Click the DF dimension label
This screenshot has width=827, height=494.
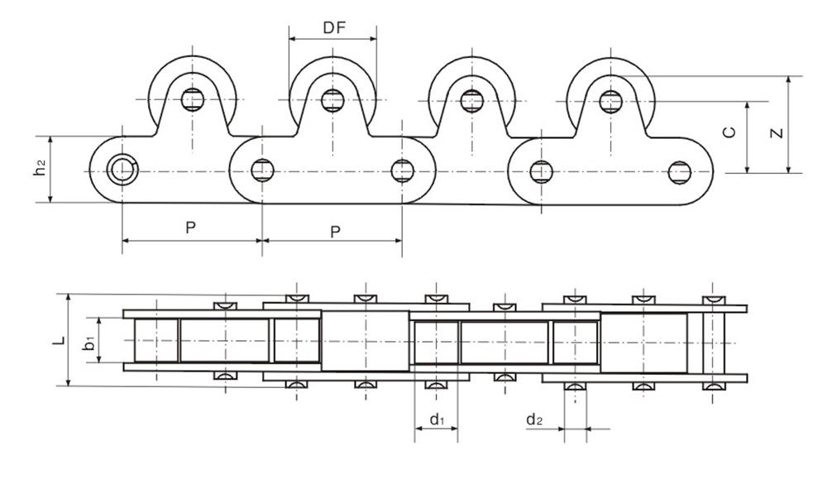pyautogui.click(x=334, y=28)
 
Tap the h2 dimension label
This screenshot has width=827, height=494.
pyautogui.click(x=38, y=169)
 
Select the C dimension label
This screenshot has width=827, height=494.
pyautogui.click(x=729, y=133)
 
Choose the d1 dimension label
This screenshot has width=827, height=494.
pyautogui.click(x=436, y=420)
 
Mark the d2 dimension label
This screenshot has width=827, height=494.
pyautogui.click(x=534, y=420)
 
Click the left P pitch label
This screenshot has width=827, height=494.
pyautogui.click(x=190, y=228)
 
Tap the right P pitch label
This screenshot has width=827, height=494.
pyautogui.click(x=334, y=232)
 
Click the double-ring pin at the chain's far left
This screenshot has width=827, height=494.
pyautogui.click(x=122, y=170)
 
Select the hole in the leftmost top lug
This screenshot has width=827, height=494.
pyautogui.click(x=193, y=100)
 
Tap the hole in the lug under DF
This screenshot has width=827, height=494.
pyautogui.click(x=332, y=100)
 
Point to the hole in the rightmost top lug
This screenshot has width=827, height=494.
pyautogui.click(x=610, y=101)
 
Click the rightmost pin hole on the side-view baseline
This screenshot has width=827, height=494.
pyautogui.click(x=680, y=172)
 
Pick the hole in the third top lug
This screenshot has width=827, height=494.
pyautogui.click(x=471, y=101)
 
